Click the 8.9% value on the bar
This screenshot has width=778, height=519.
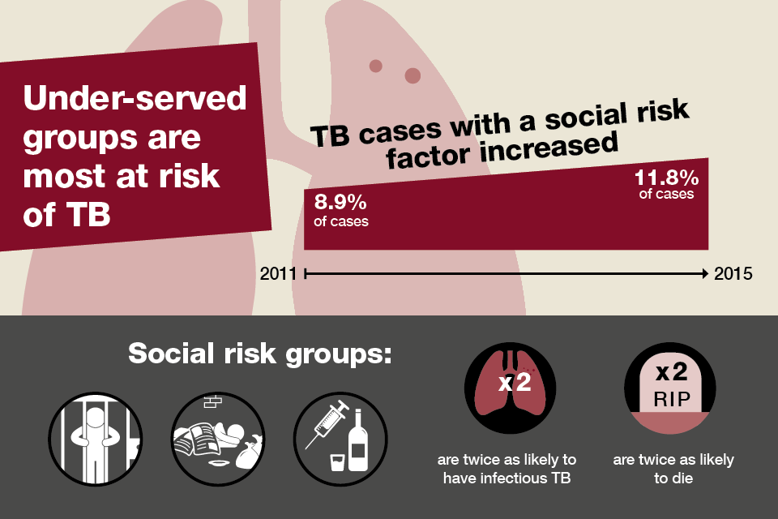click(x=340, y=202)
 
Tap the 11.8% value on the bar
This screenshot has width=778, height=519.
click(x=666, y=178)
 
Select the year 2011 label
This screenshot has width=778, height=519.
click(x=278, y=273)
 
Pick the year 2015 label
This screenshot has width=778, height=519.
click(x=733, y=273)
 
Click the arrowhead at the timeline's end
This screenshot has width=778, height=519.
click(x=704, y=273)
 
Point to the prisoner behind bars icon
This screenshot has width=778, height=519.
click(x=96, y=439)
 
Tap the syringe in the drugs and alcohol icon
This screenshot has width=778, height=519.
click(x=327, y=424)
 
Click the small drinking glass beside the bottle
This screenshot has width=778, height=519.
click(x=337, y=461)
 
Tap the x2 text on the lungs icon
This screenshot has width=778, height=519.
click(x=515, y=383)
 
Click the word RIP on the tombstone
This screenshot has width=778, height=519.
click(x=672, y=399)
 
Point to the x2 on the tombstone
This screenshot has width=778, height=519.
click(x=672, y=372)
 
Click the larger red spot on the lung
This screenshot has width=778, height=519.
click(x=413, y=75)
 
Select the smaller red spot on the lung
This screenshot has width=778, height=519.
click(x=375, y=66)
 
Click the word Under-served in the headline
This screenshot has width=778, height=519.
click(x=135, y=97)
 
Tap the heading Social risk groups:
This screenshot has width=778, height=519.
click(x=260, y=354)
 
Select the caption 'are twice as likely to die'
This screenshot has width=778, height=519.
click(x=673, y=469)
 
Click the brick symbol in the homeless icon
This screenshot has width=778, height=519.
click(x=213, y=401)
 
